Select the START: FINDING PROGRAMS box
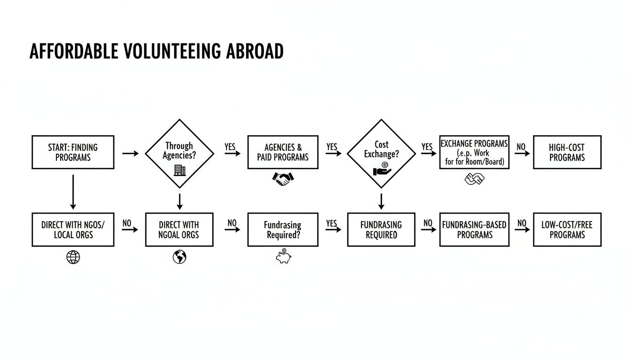[73, 152]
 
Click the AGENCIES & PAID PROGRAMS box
[283, 152]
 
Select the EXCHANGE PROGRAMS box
[474, 152]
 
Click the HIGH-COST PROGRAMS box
[567, 152]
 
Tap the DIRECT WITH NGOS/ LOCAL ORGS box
[73, 230]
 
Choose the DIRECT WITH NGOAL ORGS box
[179, 230]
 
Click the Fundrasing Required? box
[283, 230]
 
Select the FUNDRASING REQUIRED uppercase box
[381, 230]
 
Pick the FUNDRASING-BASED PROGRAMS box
[474, 230]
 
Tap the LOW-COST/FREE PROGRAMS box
[567, 230]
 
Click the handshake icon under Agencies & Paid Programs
[283, 179]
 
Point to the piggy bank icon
[283, 256]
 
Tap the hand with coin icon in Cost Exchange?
[382, 170]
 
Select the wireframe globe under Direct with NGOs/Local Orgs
[73, 257]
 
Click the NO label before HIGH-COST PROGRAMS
[521, 147]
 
